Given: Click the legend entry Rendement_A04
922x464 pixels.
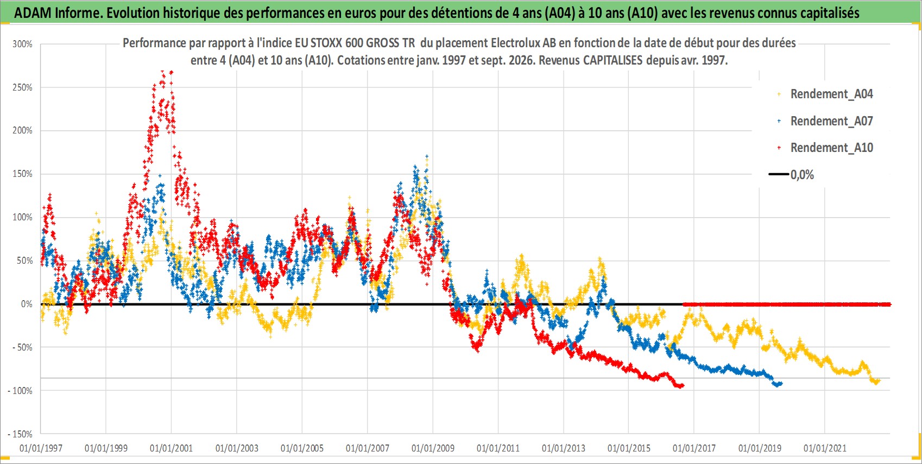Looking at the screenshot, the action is (x=825, y=94).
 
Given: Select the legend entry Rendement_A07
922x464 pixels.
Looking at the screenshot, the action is (x=825, y=121).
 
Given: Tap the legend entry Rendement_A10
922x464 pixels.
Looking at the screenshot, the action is (x=825, y=148).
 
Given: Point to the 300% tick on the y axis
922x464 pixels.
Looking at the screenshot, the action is (x=22, y=44).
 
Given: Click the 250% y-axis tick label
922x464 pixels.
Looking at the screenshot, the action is (x=22, y=87).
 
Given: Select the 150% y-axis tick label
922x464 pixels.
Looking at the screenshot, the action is (x=22, y=174).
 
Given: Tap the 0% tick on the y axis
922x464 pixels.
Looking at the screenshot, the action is (x=27, y=304).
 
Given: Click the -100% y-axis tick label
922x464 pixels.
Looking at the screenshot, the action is (x=20, y=390).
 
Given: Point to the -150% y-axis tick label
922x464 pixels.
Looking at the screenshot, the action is (x=20, y=434).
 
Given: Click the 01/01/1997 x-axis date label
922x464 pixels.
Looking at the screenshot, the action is (x=41, y=448).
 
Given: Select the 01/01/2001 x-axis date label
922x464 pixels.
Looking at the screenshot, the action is (x=171, y=448).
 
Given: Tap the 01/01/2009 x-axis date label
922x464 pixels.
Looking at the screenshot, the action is (x=433, y=448).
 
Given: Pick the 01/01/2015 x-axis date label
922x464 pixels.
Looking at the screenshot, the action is (x=629, y=448).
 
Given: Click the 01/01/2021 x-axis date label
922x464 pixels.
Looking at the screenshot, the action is (x=825, y=448).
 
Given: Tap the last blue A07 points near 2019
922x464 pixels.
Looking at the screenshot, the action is (x=778, y=384).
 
